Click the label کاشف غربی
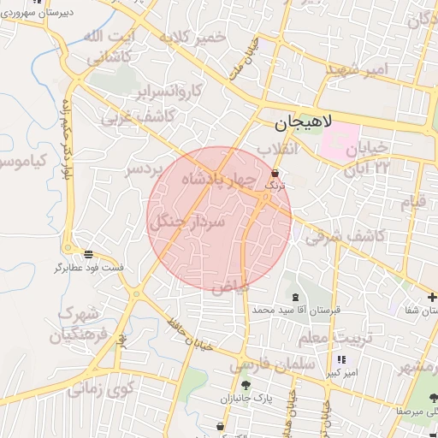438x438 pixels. point(139,116)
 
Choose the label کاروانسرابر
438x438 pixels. point(170,90)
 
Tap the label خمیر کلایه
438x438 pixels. point(198,38)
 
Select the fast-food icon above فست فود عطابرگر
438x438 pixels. point(89,254)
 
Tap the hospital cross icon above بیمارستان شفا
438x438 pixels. point(432,297)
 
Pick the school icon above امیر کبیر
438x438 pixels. point(341,360)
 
